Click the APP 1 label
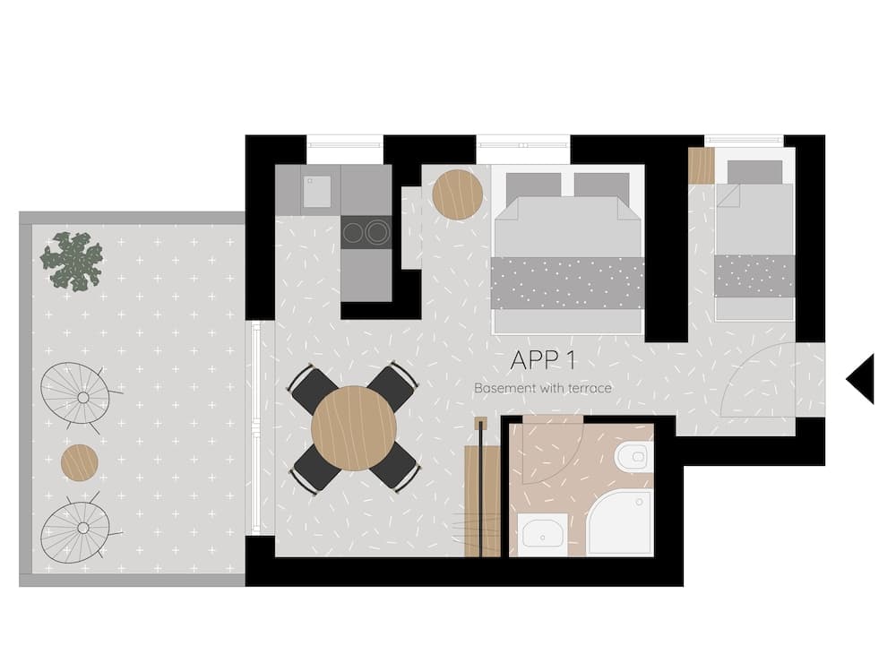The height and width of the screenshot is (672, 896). [x=543, y=360]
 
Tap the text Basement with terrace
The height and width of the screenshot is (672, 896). [x=543, y=388]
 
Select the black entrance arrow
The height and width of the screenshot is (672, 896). [x=861, y=378]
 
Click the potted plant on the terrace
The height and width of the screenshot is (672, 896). [x=72, y=261]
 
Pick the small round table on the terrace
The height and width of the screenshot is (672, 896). [x=80, y=462]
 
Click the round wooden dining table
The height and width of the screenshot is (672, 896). [x=354, y=427]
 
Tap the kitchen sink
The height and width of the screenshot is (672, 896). [x=317, y=191]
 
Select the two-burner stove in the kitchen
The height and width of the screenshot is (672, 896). [x=366, y=232]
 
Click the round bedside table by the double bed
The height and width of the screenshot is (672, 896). [x=457, y=194]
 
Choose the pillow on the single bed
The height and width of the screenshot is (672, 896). [x=754, y=172]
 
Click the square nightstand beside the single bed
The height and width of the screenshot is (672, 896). [x=701, y=166]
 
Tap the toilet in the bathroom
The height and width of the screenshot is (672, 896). [x=633, y=457]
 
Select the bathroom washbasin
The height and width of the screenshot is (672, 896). [x=542, y=535]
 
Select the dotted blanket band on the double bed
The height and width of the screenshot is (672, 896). [x=568, y=282]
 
